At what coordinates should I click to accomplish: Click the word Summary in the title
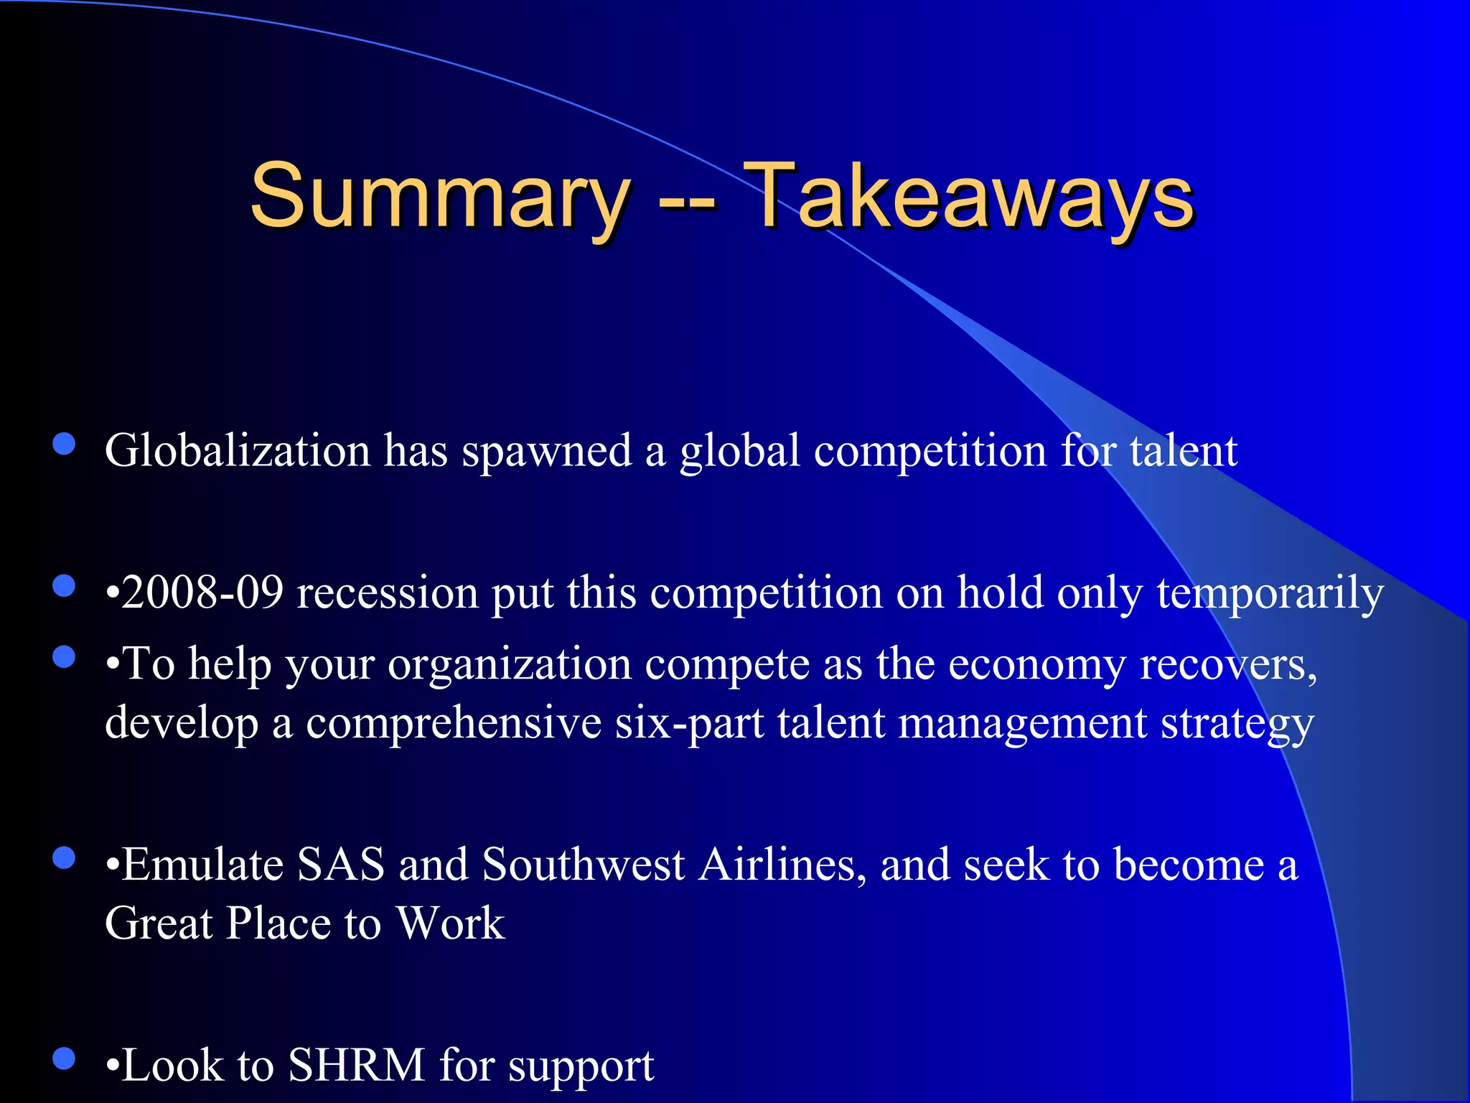439,195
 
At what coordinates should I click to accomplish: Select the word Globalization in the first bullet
238,451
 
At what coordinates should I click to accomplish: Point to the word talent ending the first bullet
1184,451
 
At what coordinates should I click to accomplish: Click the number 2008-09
202,593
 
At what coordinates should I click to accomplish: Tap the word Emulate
203,864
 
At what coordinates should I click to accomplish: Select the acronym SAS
341,864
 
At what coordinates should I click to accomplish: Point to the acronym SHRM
357,1064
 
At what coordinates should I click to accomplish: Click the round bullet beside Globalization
65,444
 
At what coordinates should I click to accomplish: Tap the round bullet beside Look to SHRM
65,1058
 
